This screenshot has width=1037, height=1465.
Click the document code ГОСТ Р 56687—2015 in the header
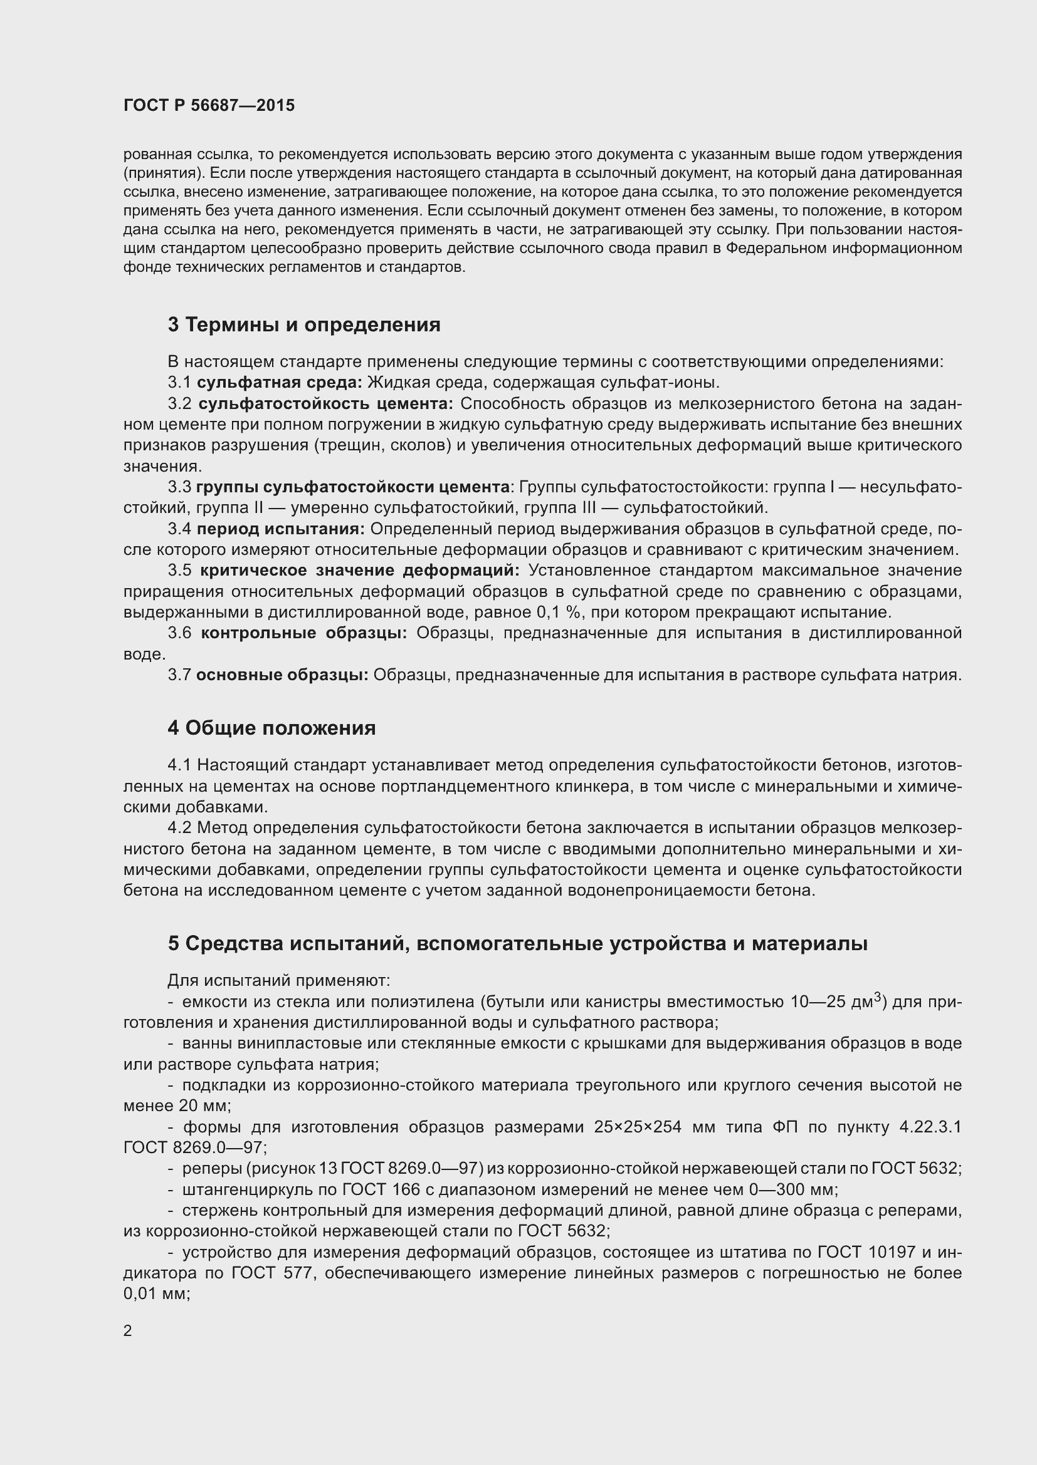coord(209,105)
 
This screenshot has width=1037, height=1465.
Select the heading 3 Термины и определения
coord(304,325)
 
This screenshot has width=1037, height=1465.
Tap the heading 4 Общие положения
coord(271,728)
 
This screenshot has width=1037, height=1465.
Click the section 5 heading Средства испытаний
coord(517,944)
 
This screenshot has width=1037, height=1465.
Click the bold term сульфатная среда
coord(279,383)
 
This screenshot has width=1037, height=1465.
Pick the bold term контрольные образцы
coord(304,633)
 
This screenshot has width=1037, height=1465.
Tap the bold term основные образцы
coord(282,675)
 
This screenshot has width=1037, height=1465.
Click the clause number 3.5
coord(179,571)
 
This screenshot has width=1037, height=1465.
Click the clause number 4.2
coord(179,828)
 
